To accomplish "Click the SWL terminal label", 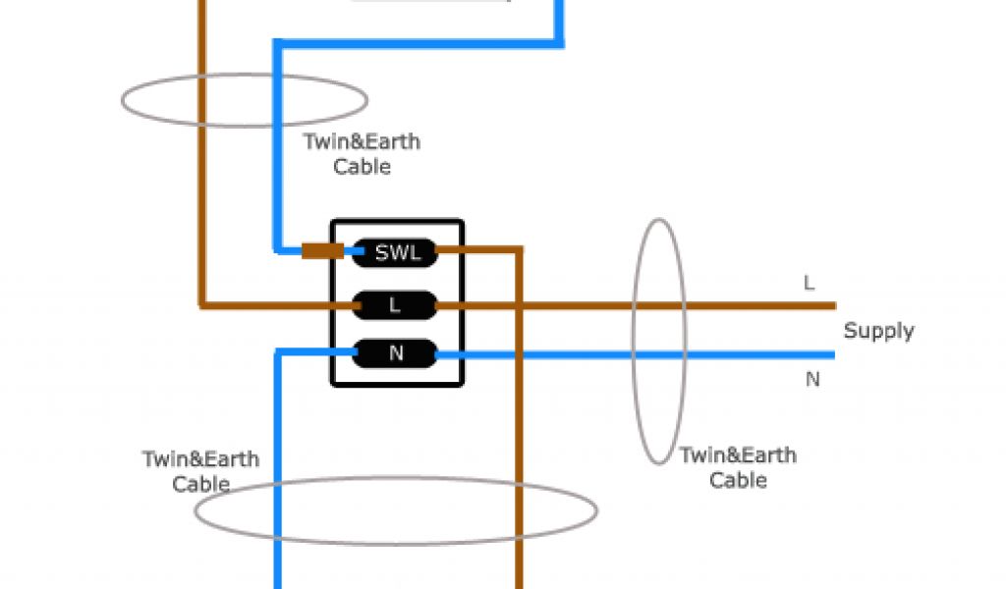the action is [396, 253].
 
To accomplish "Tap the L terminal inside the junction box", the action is [395, 305].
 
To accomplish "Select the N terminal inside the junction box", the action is [396, 352].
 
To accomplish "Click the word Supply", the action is [878, 331].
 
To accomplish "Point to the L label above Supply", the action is [810, 284].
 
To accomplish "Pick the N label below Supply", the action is [812, 379].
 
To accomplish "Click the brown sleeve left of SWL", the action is [322, 251].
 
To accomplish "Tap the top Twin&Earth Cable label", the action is [362, 154].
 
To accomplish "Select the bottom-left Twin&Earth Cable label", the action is [201, 471].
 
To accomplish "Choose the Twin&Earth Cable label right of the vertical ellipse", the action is [738, 467].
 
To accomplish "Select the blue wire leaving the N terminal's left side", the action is [314, 351].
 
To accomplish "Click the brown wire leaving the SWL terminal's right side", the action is [481, 251].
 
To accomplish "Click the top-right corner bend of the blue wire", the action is [560, 42].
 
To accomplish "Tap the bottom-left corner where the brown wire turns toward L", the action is [203, 304].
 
